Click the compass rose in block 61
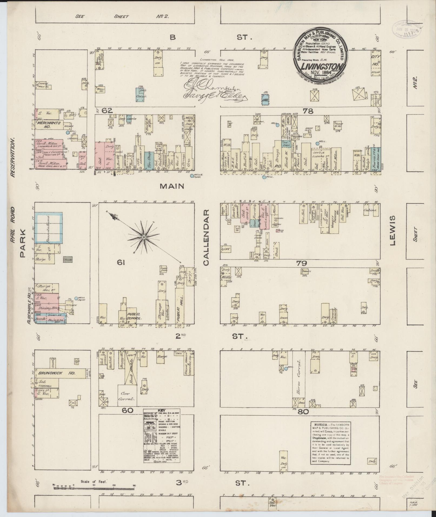click(144, 237)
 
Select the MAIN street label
click(172, 186)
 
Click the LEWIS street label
click(392, 230)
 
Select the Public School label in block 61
click(134, 316)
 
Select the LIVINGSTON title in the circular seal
click(321, 67)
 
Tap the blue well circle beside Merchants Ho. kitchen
click(68, 133)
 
